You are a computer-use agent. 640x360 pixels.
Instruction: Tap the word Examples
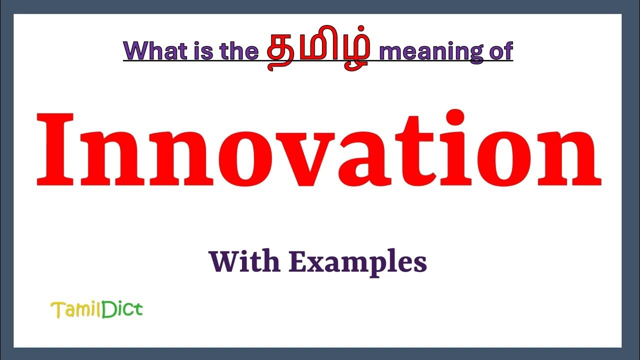(357, 262)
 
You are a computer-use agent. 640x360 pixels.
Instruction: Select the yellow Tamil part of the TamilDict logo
(76, 310)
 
